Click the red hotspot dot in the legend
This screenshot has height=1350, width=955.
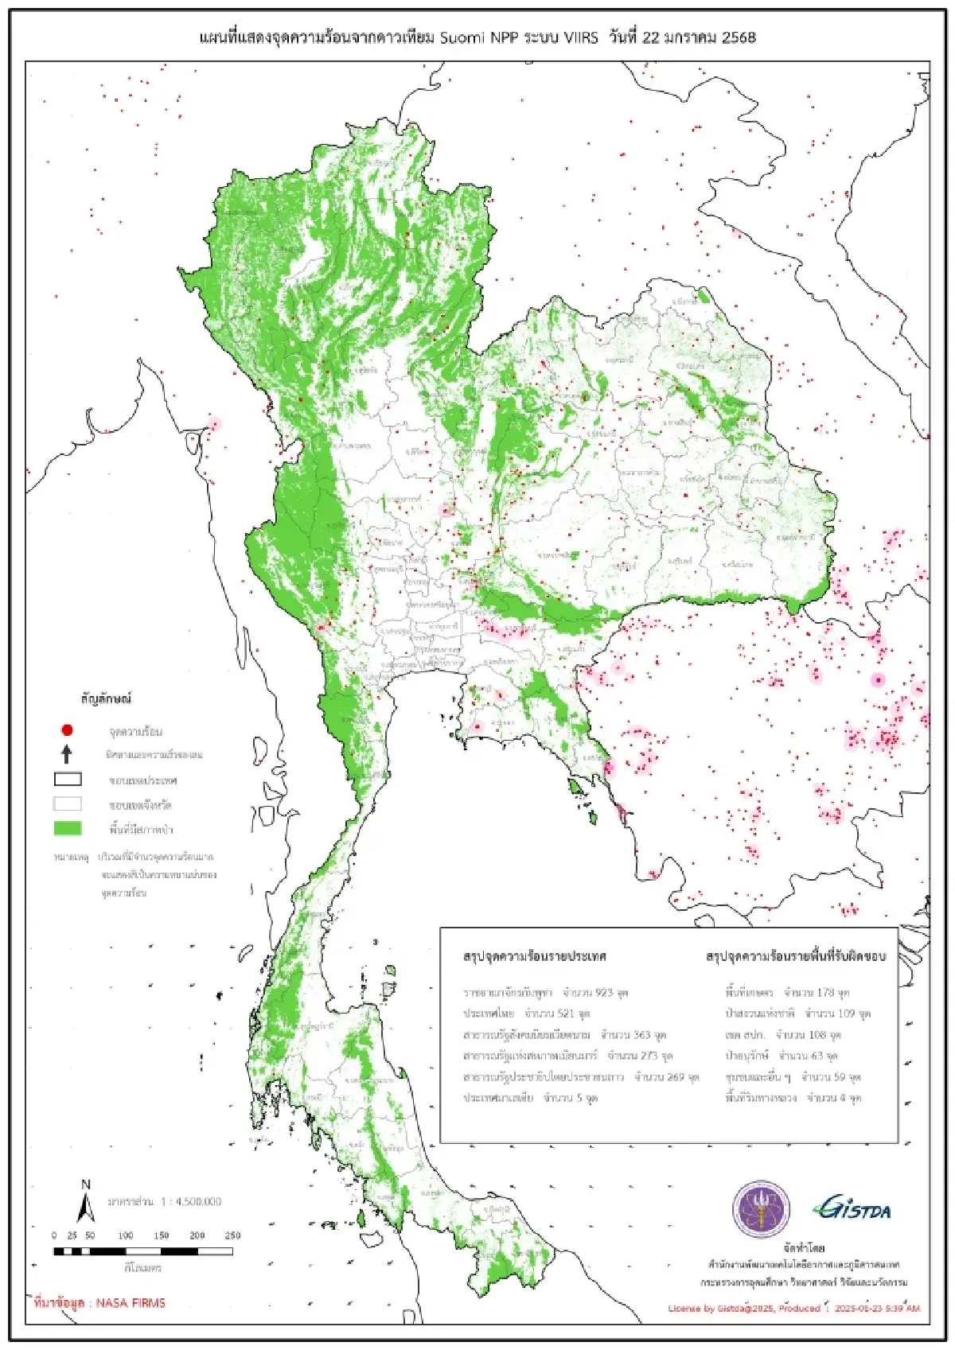click(x=67, y=729)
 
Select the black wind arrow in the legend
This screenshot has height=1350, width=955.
click(x=67, y=753)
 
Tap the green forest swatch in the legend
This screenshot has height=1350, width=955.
click(x=68, y=828)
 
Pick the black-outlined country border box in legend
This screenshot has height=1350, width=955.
click(x=68, y=780)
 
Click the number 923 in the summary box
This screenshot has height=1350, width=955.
click(x=604, y=993)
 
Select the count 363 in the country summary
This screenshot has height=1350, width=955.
click(x=641, y=1035)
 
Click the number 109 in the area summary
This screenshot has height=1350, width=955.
click(x=847, y=1013)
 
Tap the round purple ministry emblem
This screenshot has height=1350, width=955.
click(x=761, y=1209)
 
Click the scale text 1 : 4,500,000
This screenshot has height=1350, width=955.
click(x=191, y=1201)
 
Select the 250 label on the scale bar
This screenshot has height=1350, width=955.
click(x=232, y=1235)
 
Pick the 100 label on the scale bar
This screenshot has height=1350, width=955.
click(x=126, y=1235)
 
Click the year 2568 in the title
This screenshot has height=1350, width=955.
click(x=739, y=37)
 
